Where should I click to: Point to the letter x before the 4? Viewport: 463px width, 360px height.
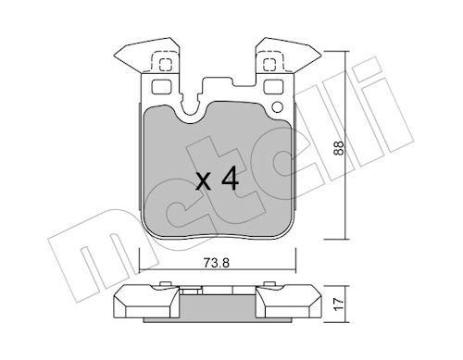pyautogui.click(x=204, y=181)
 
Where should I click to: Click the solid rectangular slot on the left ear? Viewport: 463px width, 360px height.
pyautogui.click(x=160, y=89)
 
